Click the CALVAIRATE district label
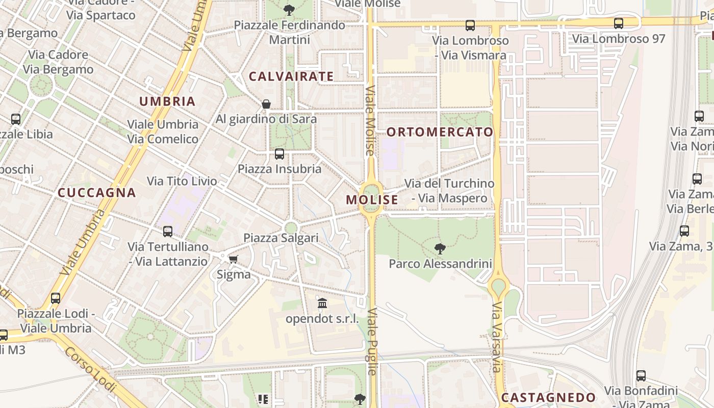pyautogui.click(x=291, y=76)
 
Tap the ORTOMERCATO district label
pyautogui.click(x=440, y=132)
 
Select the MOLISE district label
pyautogui.click(x=372, y=200)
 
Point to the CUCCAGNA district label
pyautogui.click(x=97, y=193)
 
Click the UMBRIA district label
pyautogui.click(x=167, y=101)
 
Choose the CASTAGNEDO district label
pyautogui.click(x=548, y=397)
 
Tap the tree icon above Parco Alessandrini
pyautogui.click(x=440, y=249)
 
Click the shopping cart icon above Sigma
pyautogui.click(x=234, y=260)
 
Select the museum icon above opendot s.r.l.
pyautogui.click(x=322, y=304)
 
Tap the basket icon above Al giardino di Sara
pyautogui.click(x=266, y=104)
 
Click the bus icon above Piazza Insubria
pyautogui.click(x=279, y=154)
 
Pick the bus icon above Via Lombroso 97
pyautogui.click(x=619, y=23)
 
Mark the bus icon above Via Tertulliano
pyautogui.click(x=168, y=232)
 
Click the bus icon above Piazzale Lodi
pyautogui.click(x=56, y=298)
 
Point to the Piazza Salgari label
pyautogui.click(x=281, y=238)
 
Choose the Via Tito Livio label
pyautogui.click(x=182, y=181)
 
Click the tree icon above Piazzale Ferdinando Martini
pyautogui.click(x=289, y=10)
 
